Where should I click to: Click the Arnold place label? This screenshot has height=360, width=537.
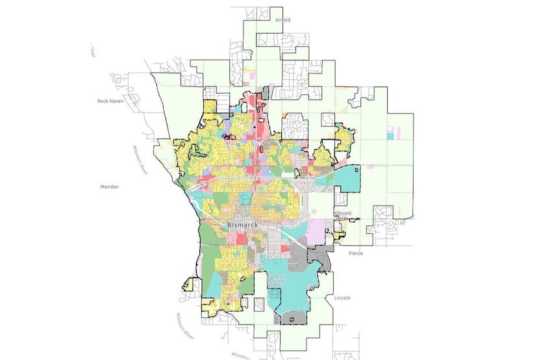(282, 20)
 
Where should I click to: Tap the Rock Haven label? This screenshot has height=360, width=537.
(110, 101)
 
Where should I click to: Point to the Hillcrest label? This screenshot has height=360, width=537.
(342, 213)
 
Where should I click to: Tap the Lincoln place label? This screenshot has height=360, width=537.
(342, 298)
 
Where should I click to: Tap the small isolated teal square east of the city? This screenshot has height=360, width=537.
(390, 136)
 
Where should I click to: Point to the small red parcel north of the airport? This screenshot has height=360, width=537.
(285, 249)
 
